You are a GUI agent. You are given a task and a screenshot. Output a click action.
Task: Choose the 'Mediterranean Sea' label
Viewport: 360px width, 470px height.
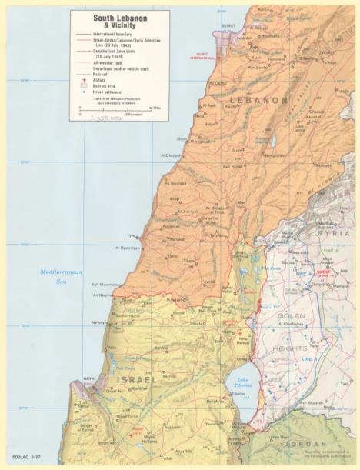pyautogui.click(x=59, y=277)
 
